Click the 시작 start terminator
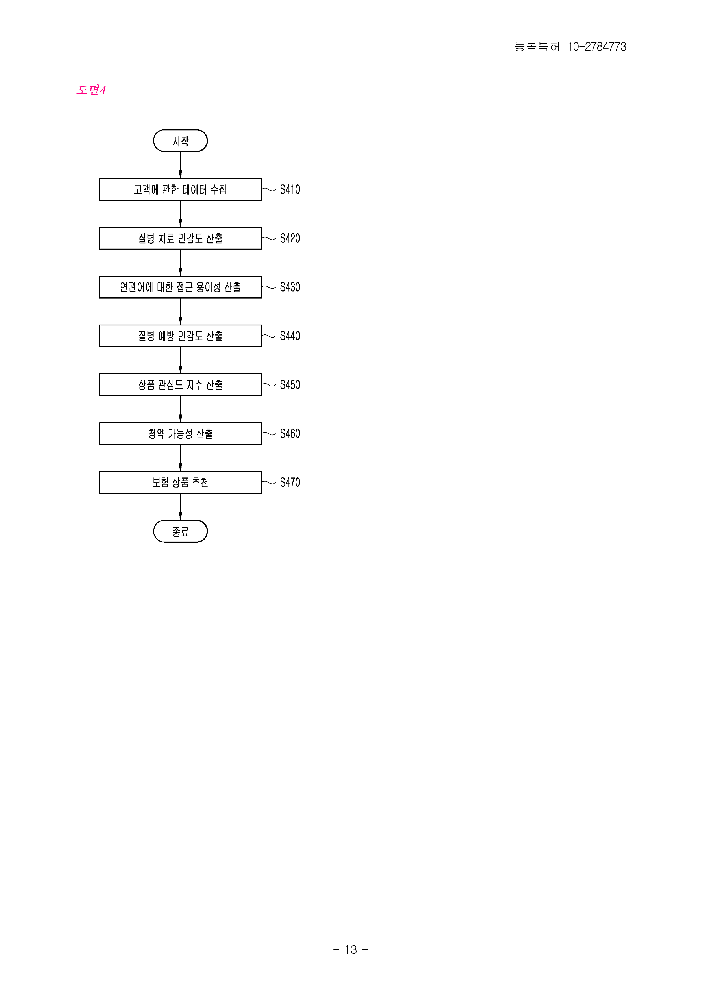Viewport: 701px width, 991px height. point(181,141)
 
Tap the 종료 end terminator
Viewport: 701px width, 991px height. point(181,531)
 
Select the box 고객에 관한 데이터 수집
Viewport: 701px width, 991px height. point(181,190)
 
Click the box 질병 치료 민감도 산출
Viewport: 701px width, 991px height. point(181,238)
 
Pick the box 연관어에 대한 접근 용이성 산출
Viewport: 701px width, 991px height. point(181,287)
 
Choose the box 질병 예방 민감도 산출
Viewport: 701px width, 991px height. point(181,336)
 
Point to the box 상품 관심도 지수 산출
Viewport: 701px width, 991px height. point(181,384)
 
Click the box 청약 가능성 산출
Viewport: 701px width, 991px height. point(181,433)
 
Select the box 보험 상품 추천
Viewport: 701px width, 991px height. point(181,482)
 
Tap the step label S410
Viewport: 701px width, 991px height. point(290,190)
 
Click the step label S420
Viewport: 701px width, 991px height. point(290,238)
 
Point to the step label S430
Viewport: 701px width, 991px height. point(290,287)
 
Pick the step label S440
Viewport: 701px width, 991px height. point(290,336)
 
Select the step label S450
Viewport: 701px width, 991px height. point(290,384)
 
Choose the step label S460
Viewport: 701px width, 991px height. point(290,433)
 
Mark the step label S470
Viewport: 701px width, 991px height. point(290,482)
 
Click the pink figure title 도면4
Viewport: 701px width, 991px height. point(91,90)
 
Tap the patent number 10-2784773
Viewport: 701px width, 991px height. point(597,47)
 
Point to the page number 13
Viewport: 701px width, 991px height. point(350,949)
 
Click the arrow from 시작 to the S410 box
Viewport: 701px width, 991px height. point(181,165)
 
